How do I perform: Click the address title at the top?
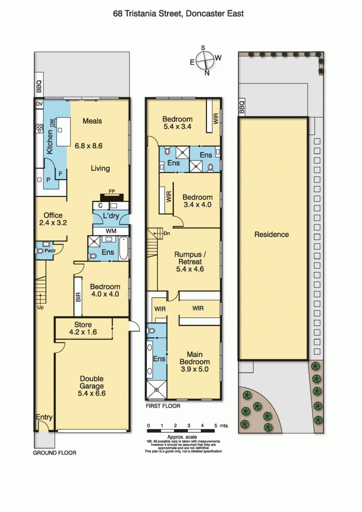pos(178,13)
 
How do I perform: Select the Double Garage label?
pos(92,386)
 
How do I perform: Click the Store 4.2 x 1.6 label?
pos(82,328)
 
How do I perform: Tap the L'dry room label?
pos(110,216)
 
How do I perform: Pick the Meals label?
pos(92,121)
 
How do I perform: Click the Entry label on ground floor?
pos(44,417)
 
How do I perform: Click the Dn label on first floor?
pos(167,233)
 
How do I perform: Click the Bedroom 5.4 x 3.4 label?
pos(177,123)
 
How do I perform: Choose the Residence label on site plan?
pos(271,234)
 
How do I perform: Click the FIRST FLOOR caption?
pos(162,406)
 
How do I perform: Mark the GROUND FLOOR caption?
pos(54,453)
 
